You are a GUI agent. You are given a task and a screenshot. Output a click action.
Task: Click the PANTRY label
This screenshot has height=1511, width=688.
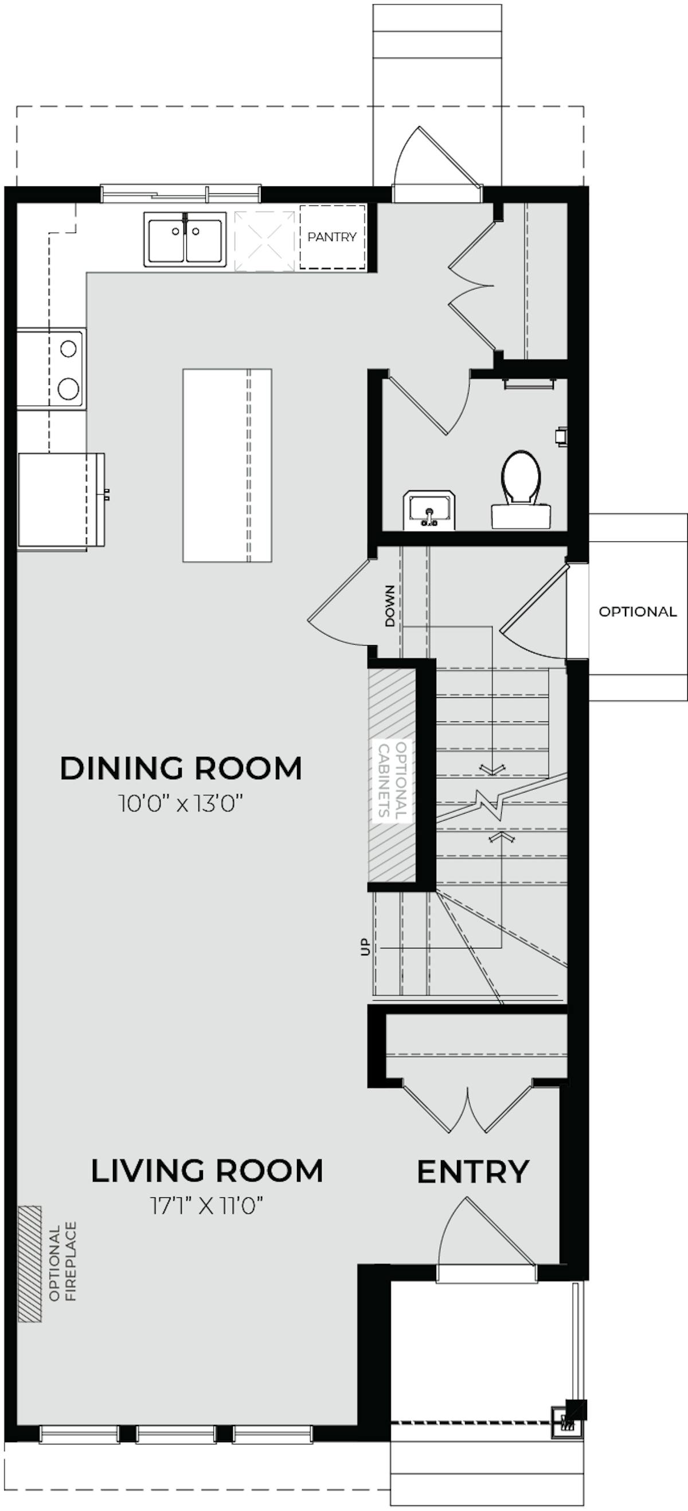point(332,237)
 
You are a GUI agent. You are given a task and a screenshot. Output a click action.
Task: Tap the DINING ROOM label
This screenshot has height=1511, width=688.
point(181,768)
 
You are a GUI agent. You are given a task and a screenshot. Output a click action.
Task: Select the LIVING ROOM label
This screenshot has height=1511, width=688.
point(207,1154)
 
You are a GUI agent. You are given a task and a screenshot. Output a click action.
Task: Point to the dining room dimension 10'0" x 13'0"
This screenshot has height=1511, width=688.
point(181,803)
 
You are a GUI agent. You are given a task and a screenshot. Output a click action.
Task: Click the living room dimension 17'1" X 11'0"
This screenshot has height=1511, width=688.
point(206,1190)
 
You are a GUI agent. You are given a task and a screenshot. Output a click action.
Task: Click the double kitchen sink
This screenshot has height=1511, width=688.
point(185,239)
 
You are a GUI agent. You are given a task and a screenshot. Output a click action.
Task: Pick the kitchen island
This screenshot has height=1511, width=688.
point(227,465)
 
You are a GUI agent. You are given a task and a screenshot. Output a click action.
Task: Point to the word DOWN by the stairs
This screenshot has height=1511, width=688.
point(390,606)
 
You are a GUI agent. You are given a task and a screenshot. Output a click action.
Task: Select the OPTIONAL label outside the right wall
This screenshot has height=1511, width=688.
point(638,611)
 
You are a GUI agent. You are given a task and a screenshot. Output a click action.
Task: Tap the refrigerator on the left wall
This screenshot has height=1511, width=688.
point(60,501)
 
